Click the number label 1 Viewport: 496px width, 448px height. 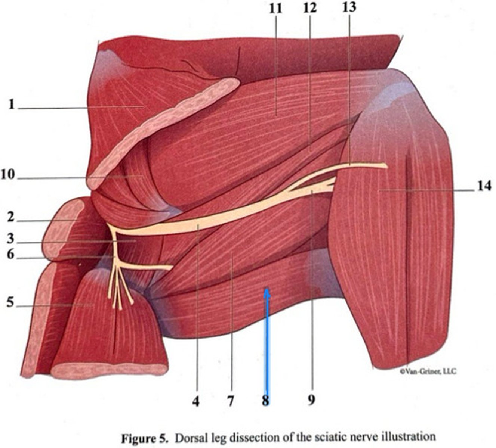coord(12,105)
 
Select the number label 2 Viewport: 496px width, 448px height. coord(10,217)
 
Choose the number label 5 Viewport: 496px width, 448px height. coord(10,302)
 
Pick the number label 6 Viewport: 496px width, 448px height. coord(10,255)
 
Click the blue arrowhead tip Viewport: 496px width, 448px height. coord(267,291)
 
